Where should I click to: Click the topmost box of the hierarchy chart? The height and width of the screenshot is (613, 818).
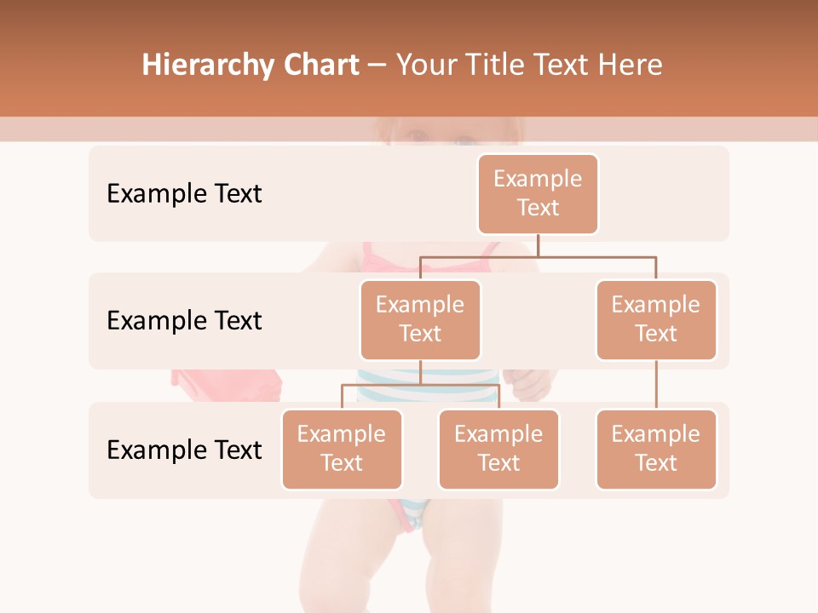pyautogui.click(x=538, y=194)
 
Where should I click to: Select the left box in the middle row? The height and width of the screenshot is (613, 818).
pyautogui.click(x=420, y=320)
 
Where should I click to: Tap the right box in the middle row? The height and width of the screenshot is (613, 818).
pyautogui.click(x=656, y=320)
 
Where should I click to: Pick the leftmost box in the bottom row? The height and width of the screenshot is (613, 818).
pyautogui.click(x=342, y=450)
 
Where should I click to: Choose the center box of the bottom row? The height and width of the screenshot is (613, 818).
pyautogui.click(x=498, y=450)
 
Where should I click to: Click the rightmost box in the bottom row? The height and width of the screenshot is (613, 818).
pyautogui.click(x=656, y=450)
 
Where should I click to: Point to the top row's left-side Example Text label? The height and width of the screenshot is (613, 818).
pyautogui.click(x=184, y=194)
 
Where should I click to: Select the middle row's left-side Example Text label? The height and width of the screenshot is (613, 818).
pyautogui.click(x=184, y=321)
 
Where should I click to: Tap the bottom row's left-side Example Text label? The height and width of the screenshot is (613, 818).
pyautogui.click(x=184, y=450)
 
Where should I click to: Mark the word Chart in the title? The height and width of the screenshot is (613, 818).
pyautogui.click(x=317, y=66)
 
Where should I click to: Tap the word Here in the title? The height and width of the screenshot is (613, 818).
pyautogui.click(x=631, y=66)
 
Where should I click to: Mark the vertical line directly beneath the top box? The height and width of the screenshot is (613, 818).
pyautogui.click(x=538, y=245)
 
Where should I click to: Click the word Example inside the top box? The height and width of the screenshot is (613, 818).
pyautogui.click(x=538, y=179)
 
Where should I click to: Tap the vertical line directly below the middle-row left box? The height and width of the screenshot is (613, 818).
pyautogui.click(x=420, y=372)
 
